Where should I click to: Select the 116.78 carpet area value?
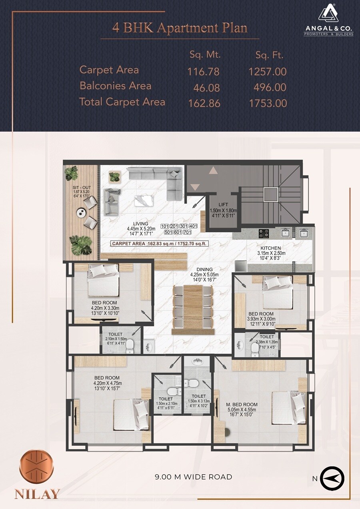pos(203,72)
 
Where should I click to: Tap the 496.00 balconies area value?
pos(270,87)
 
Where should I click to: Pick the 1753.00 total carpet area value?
pos(268,103)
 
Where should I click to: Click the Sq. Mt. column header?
pos(205,55)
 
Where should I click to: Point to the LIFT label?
pos(223,204)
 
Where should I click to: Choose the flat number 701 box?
pos(193,232)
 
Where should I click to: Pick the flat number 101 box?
pos(165,226)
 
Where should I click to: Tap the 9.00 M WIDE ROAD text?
pos(193,477)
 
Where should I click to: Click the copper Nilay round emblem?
pos(36,467)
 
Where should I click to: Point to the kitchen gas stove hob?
pos(264,233)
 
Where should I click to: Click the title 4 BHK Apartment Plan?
pos(180,28)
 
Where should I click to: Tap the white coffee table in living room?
pos(143,201)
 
